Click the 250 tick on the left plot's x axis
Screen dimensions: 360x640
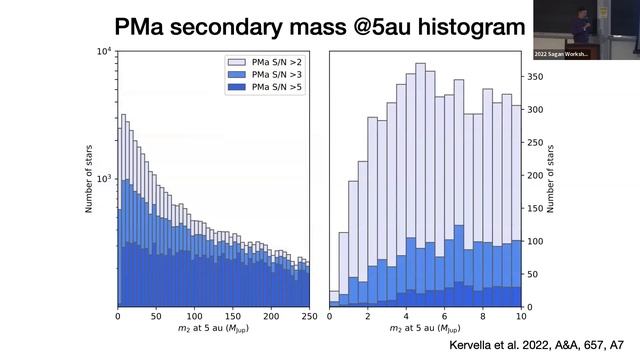pos(309,317)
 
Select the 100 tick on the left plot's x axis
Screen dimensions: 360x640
pos(194,317)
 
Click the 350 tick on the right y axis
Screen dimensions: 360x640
pos(539,76)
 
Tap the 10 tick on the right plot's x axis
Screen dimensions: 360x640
pos(521,317)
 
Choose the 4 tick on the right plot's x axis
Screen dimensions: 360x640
pos(405,317)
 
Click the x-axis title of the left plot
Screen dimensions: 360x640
pos(213,331)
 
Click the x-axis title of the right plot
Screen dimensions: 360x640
pos(425,331)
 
